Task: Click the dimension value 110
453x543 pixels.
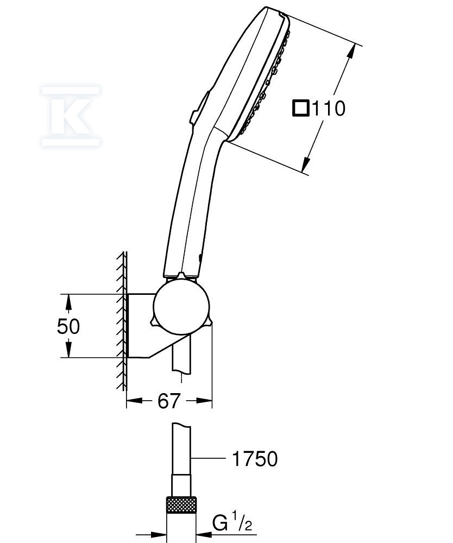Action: point(329,109)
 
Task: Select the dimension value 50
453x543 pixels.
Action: point(68,326)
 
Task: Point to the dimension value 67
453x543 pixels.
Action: point(169,401)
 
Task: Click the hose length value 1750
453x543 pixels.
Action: point(255,459)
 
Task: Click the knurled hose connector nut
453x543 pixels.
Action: point(181,507)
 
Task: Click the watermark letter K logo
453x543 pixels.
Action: point(70,116)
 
